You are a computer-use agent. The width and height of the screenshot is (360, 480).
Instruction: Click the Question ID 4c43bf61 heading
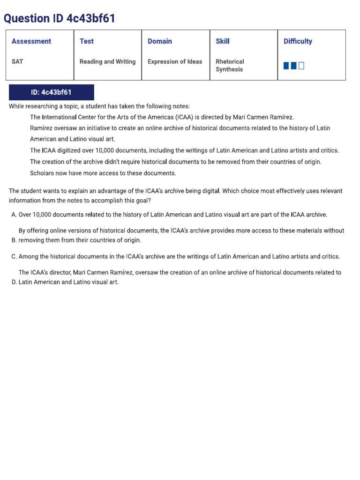click(x=59, y=19)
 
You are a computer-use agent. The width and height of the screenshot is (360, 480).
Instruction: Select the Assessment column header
click(x=31, y=41)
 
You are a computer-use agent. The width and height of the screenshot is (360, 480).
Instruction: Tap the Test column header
click(x=87, y=41)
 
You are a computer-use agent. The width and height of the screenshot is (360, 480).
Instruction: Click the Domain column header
click(x=160, y=41)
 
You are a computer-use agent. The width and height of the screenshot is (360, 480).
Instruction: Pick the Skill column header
click(x=223, y=41)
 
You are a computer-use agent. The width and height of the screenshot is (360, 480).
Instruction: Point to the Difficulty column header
click(x=298, y=41)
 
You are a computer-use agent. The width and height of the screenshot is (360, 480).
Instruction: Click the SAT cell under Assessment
click(x=17, y=61)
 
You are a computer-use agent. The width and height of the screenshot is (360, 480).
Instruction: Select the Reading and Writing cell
click(x=107, y=61)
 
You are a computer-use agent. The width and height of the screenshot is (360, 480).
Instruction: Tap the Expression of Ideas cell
click(x=175, y=61)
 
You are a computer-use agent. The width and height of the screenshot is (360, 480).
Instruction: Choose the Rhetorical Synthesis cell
click(x=230, y=65)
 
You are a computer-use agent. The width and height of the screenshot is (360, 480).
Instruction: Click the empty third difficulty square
click(x=301, y=66)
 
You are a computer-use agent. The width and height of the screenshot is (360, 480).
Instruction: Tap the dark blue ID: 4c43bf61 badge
click(x=52, y=92)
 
